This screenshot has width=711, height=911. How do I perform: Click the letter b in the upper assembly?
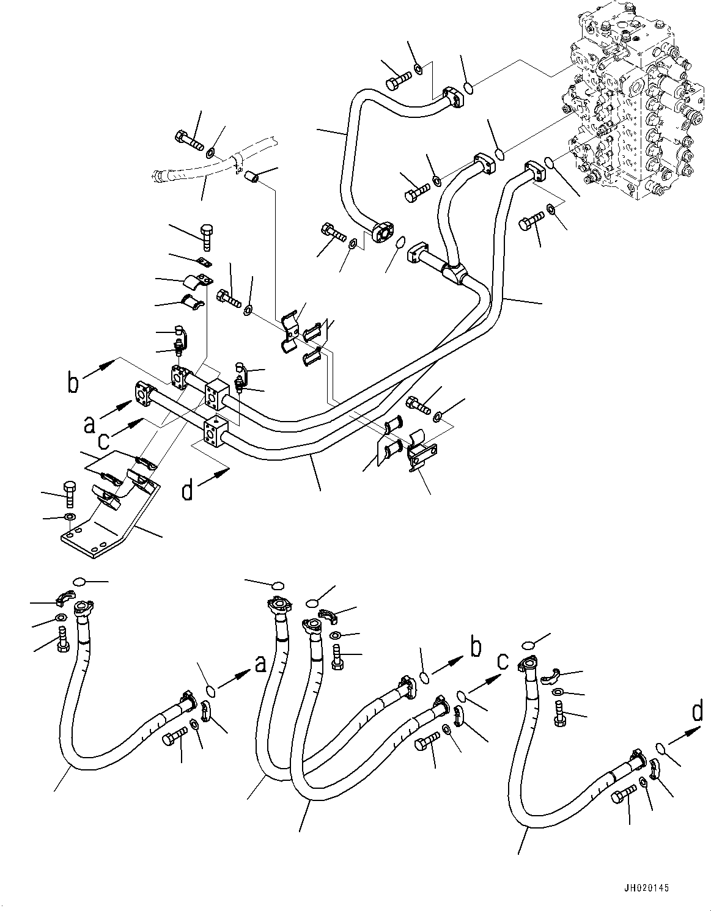point(73,383)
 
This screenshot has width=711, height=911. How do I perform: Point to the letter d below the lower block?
point(188,490)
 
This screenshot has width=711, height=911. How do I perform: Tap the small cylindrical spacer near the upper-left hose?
point(252,177)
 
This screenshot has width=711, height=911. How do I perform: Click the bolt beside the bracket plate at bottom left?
point(69,492)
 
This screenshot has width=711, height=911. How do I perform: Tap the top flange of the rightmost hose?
point(529,663)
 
